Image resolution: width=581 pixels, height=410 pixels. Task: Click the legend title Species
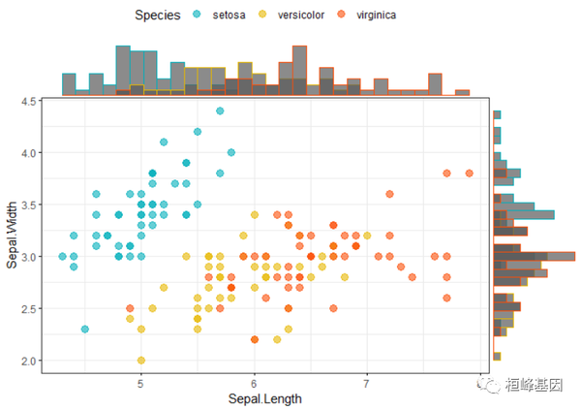tap(157, 15)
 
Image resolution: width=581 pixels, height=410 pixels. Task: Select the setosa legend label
tap(229, 15)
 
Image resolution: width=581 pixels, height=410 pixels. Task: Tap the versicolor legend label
tap(300, 15)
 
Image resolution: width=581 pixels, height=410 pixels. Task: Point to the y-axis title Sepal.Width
tap(13, 232)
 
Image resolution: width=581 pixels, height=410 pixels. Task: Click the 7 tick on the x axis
tap(367, 383)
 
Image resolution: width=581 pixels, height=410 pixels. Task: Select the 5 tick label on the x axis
tap(141, 383)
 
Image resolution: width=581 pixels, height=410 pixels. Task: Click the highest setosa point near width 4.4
tap(220, 111)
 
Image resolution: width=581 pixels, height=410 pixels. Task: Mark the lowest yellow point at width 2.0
tap(141, 361)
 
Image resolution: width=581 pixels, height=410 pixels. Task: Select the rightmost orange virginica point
tap(469, 173)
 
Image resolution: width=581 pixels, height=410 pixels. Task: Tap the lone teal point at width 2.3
tap(85, 330)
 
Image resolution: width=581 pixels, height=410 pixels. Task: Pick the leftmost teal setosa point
tap(63, 257)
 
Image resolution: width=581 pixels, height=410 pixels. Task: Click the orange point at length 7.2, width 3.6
tap(389, 194)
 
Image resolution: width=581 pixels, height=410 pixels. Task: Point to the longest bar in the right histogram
tap(534, 256)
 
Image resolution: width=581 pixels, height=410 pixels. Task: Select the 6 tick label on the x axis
tap(254, 383)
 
